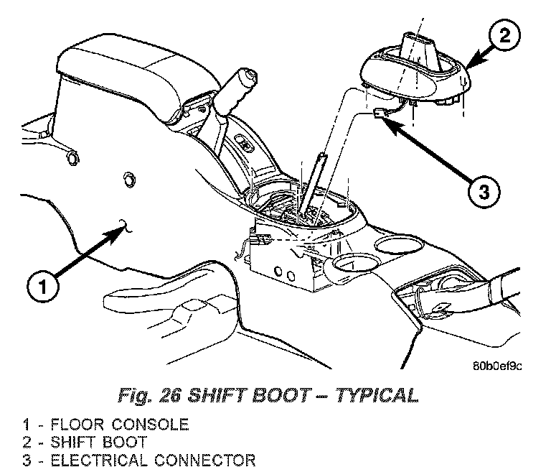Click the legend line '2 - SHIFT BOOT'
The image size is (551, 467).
[90, 442]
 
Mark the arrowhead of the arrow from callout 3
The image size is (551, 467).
[386, 119]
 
